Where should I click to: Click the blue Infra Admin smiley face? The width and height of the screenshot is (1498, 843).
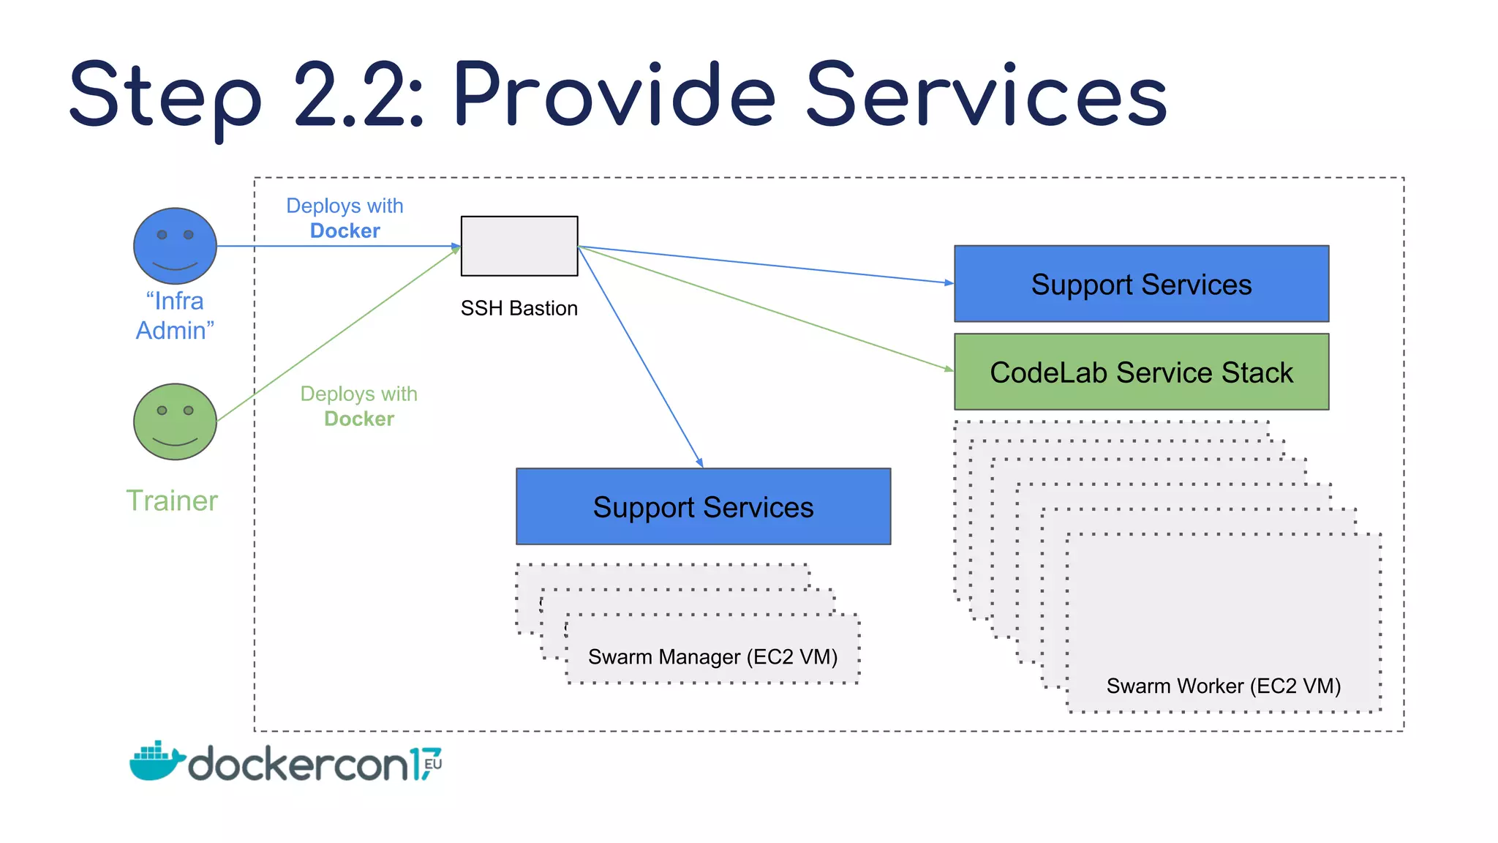pyautogui.click(x=175, y=246)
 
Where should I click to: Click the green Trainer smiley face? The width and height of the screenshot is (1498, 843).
pyautogui.click(x=175, y=421)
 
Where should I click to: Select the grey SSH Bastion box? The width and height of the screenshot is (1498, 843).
pyautogui.click(x=519, y=246)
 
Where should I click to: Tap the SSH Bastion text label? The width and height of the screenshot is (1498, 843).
pyautogui.click(x=519, y=308)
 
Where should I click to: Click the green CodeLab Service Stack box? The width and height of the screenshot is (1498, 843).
pyautogui.click(x=1141, y=372)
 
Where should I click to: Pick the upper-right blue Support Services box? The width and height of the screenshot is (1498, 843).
pyautogui.click(x=1141, y=284)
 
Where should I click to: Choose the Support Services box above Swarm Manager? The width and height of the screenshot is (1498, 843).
pyautogui.click(x=703, y=506)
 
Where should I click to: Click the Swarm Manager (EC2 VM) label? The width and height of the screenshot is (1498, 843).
pyautogui.click(x=712, y=656)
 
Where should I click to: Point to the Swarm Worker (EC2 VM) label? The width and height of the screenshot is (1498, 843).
pyautogui.click(x=1223, y=686)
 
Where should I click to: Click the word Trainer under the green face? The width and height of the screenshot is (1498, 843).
pyautogui.click(x=172, y=501)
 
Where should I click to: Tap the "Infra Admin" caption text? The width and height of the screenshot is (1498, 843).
pyautogui.click(x=175, y=315)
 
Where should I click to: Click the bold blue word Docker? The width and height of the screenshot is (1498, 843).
pyautogui.click(x=345, y=231)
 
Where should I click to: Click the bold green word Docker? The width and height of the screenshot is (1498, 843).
pyautogui.click(x=358, y=419)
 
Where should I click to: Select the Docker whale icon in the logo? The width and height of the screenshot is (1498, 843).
pyautogui.click(x=156, y=761)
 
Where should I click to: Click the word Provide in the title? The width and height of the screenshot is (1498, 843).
pyautogui.click(x=613, y=95)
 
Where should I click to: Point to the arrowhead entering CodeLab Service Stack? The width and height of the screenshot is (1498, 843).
pyautogui.click(x=949, y=369)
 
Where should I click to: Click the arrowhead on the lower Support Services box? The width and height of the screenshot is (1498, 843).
pyautogui.click(x=700, y=462)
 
